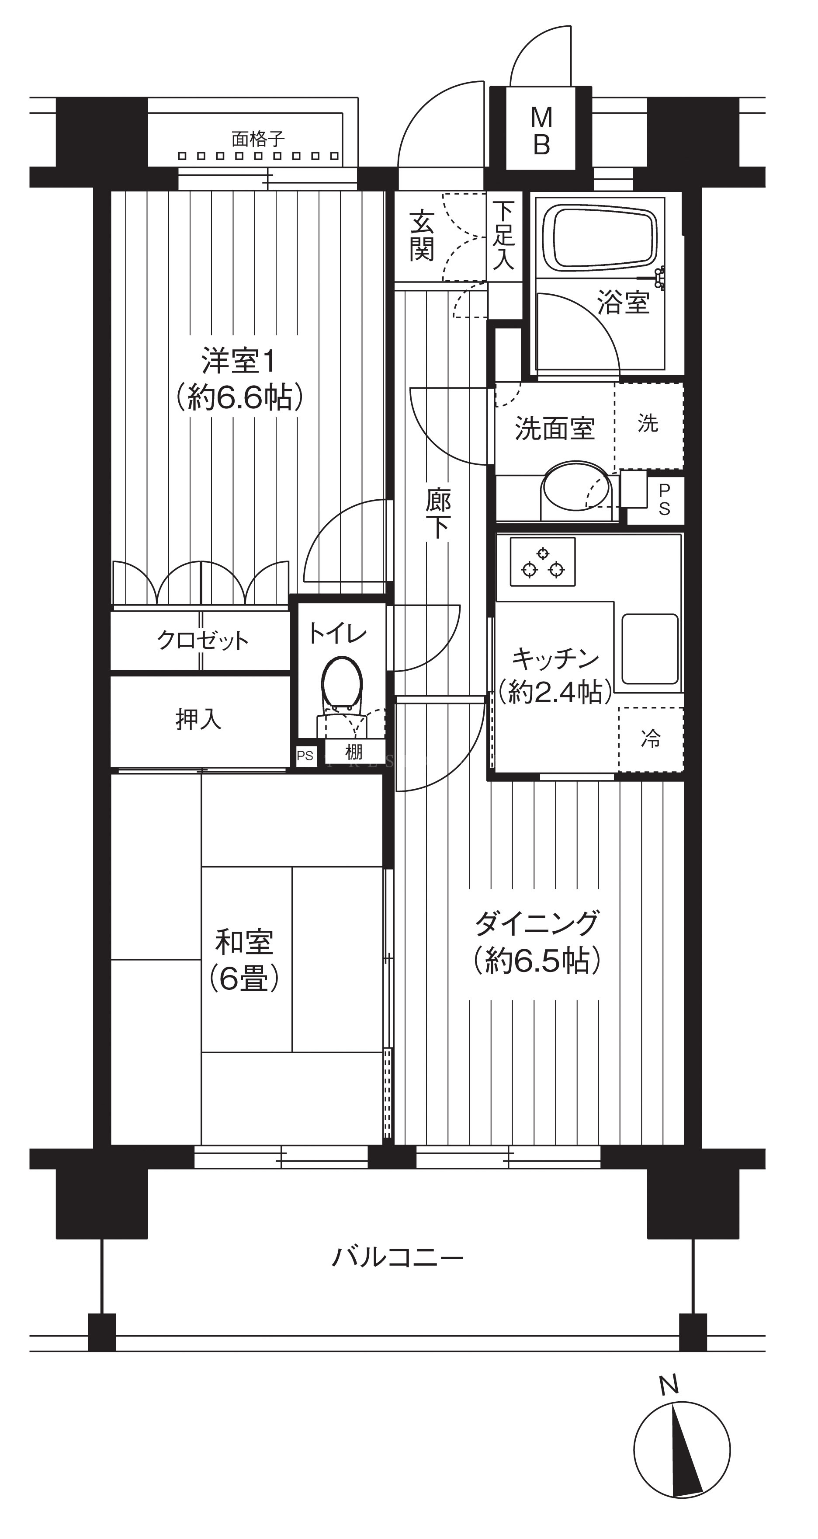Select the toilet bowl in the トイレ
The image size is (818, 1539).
click(342, 686)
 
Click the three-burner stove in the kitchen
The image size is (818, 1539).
click(543, 561)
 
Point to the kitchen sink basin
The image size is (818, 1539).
click(650, 648)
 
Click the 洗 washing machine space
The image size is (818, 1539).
click(649, 425)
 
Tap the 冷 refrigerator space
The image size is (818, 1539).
click(651, 739)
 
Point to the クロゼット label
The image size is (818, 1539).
click(202, 641)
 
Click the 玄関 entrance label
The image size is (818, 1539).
click(422, 235)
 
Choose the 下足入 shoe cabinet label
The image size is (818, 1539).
click(503, 235)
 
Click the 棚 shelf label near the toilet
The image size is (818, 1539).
click(354, 752)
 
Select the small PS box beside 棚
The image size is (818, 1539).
click(305, 756)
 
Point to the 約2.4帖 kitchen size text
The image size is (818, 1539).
click(555, 692)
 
